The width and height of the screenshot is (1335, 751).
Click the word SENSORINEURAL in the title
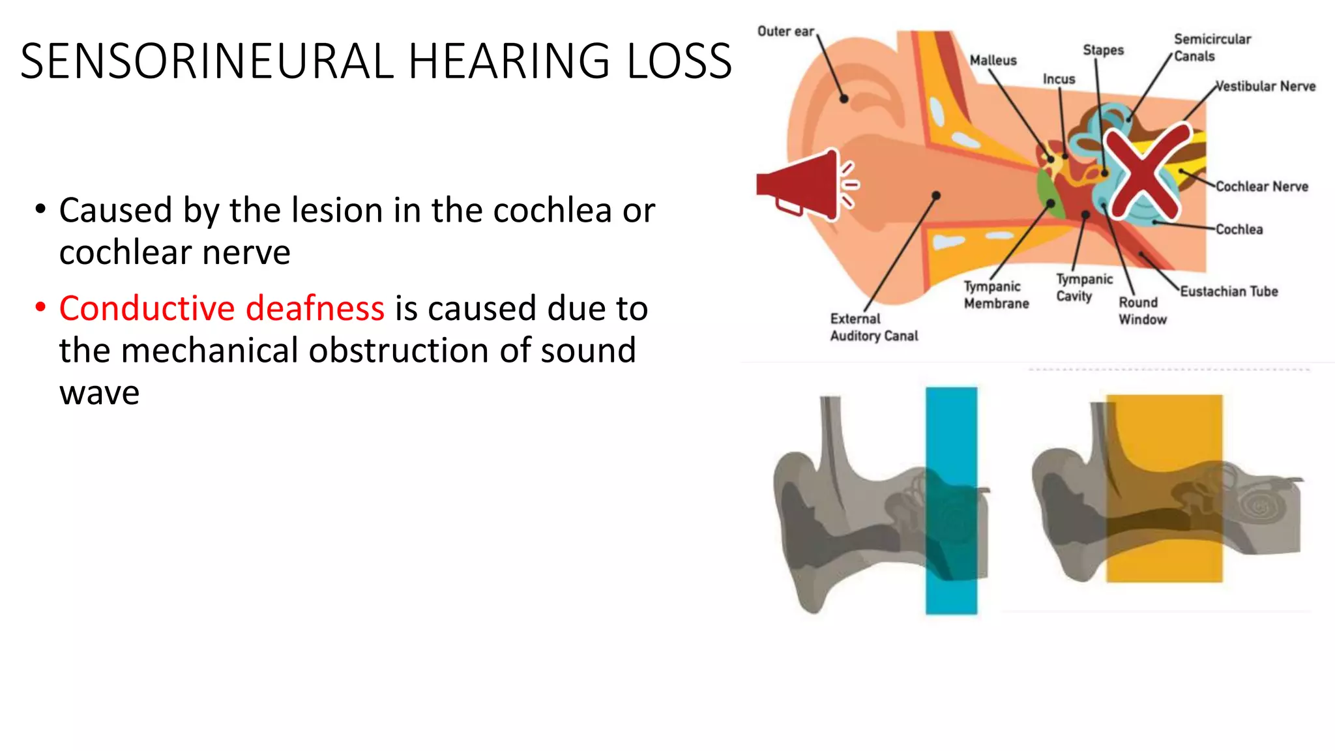click(x=207, y=61)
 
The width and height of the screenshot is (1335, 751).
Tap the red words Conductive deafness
click(x=222, y=308)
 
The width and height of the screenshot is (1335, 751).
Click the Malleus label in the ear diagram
click(x=993, y=61)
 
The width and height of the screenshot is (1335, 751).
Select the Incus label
click(x=1059, y=80)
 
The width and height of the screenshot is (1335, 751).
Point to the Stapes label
click(x=1103, y=50)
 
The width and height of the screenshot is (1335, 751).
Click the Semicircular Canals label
click(x=1212, y=48)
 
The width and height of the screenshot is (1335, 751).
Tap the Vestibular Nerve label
click(x=1265, y=87)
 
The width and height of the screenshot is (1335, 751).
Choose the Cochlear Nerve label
click(x=1261, y=187)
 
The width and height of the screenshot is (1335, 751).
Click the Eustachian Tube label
click(x=1229, y=291)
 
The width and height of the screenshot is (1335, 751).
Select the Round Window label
click(x=1142, y=311)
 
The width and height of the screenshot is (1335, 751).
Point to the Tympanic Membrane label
click(x=996, y=295)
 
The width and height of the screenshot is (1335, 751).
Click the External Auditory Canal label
click(x=873, y=327)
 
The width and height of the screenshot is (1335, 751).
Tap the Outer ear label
click(x=785, y=31)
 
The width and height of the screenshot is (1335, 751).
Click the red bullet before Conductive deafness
click(x=41, y=307)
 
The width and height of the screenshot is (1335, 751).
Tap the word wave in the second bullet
click(x=99, y=393)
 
